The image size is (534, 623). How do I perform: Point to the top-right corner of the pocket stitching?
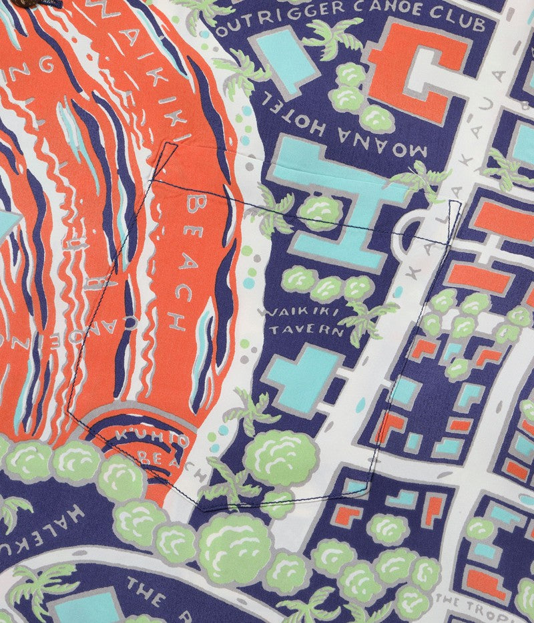459,201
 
